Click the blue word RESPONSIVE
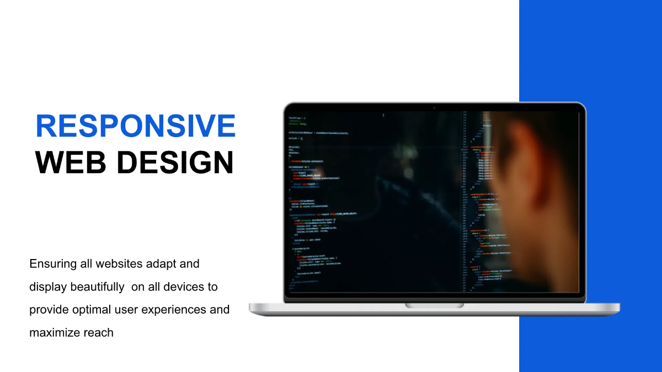click(x=135, y=126)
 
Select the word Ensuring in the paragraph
click(x=52, y=264)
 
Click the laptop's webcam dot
click(x=434, y=107)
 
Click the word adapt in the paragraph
click(x=163, y=264)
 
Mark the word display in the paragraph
click(x=47, y=287)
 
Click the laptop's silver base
click(x=342, y=309)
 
